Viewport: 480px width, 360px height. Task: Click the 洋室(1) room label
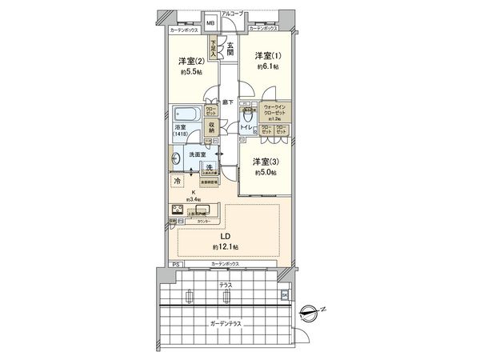[268, 55]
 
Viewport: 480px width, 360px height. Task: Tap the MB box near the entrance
[211, 24]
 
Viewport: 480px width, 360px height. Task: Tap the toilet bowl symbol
[250, 127]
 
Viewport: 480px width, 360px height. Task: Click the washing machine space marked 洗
[209, 168]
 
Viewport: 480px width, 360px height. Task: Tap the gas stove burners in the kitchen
[177, 211]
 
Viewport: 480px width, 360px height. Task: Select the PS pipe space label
[176, 264]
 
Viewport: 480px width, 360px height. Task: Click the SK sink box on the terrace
[284, 295]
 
